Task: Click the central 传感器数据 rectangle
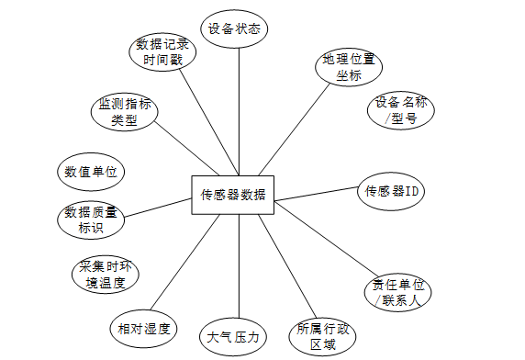[233, 195]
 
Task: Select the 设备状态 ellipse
[234, 28]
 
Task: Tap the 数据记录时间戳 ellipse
[162, 52]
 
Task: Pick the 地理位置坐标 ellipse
[349, 67]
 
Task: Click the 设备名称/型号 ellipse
[401, 110]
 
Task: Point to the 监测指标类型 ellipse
[124, 112]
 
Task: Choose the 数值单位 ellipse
[91, 172]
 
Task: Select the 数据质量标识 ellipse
[91, 219]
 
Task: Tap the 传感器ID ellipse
[391, 191]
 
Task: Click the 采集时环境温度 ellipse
[106, 275]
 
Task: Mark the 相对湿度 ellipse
[143, 329]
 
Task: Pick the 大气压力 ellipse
[233, 336]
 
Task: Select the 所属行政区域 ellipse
[322, 336]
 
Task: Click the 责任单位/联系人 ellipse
[397, 292]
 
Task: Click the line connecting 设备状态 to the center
[239, 112]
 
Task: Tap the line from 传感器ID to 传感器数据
[317, 194]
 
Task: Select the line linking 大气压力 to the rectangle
[239, 266]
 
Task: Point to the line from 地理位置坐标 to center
[295, 129]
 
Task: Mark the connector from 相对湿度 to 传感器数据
[184, 263]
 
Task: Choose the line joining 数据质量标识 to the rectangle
[157, 208]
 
